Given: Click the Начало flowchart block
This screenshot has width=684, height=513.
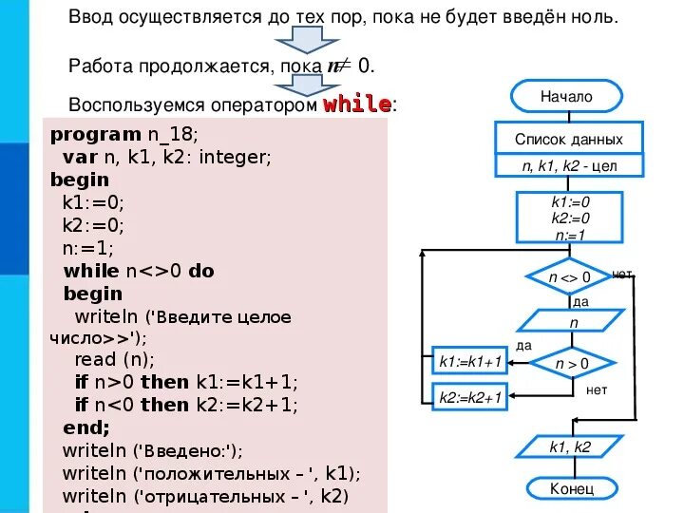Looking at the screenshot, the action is [566, 96].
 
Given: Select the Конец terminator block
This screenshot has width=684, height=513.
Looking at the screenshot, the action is [571, 488].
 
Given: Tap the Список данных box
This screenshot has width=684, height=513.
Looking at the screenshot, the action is [568, 139].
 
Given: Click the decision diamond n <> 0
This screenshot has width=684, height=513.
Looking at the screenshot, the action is [569, 277].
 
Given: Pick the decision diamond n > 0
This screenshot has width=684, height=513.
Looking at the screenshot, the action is [572, 363].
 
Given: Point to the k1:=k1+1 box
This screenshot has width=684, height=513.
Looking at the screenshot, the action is [470, 362].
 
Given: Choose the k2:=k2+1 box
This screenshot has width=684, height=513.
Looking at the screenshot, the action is [470, 399].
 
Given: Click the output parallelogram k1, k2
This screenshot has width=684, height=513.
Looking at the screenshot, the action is [571, 446].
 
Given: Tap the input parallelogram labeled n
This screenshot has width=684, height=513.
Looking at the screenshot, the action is [573, 323].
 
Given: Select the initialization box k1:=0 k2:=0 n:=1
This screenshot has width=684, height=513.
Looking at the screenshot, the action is [570, 218].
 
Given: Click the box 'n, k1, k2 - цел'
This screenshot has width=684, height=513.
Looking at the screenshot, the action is [568, 165].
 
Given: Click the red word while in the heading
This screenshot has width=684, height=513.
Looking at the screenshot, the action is [357, 104].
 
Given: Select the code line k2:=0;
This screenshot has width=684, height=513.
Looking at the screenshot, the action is [94, 225].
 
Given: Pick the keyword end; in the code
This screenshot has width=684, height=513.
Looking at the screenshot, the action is [86, 427].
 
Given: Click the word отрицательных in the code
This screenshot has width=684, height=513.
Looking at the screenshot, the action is [199, 497].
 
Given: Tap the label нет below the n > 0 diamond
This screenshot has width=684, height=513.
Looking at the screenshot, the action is [597, 390].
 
